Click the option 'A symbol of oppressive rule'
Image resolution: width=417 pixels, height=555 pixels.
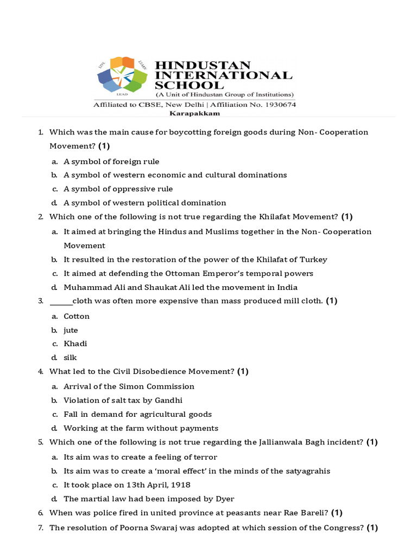click(x=118, y=189)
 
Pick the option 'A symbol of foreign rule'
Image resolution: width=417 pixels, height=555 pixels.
click(x=111, y=162)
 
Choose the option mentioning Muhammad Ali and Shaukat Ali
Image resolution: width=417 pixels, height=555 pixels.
click(x=180, y=287)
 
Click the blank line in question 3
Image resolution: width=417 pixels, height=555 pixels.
click(x=61, y=301)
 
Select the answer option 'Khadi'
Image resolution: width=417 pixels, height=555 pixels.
click(x=75, y=344)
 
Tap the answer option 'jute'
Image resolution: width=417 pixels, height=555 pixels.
click(x=71, y=330)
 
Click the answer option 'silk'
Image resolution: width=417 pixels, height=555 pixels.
click(x=70, y=358)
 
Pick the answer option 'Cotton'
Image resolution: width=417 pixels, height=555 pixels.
click(x=77, y=317)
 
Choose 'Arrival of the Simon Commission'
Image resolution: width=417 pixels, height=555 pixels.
click(x=129, y=386)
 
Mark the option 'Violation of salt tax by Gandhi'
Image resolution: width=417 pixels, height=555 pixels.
click(x=123, y=401)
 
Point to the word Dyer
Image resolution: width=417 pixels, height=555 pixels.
click(x=225, y=499)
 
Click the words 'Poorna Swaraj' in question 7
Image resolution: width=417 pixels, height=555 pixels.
click(x=137, y=528)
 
